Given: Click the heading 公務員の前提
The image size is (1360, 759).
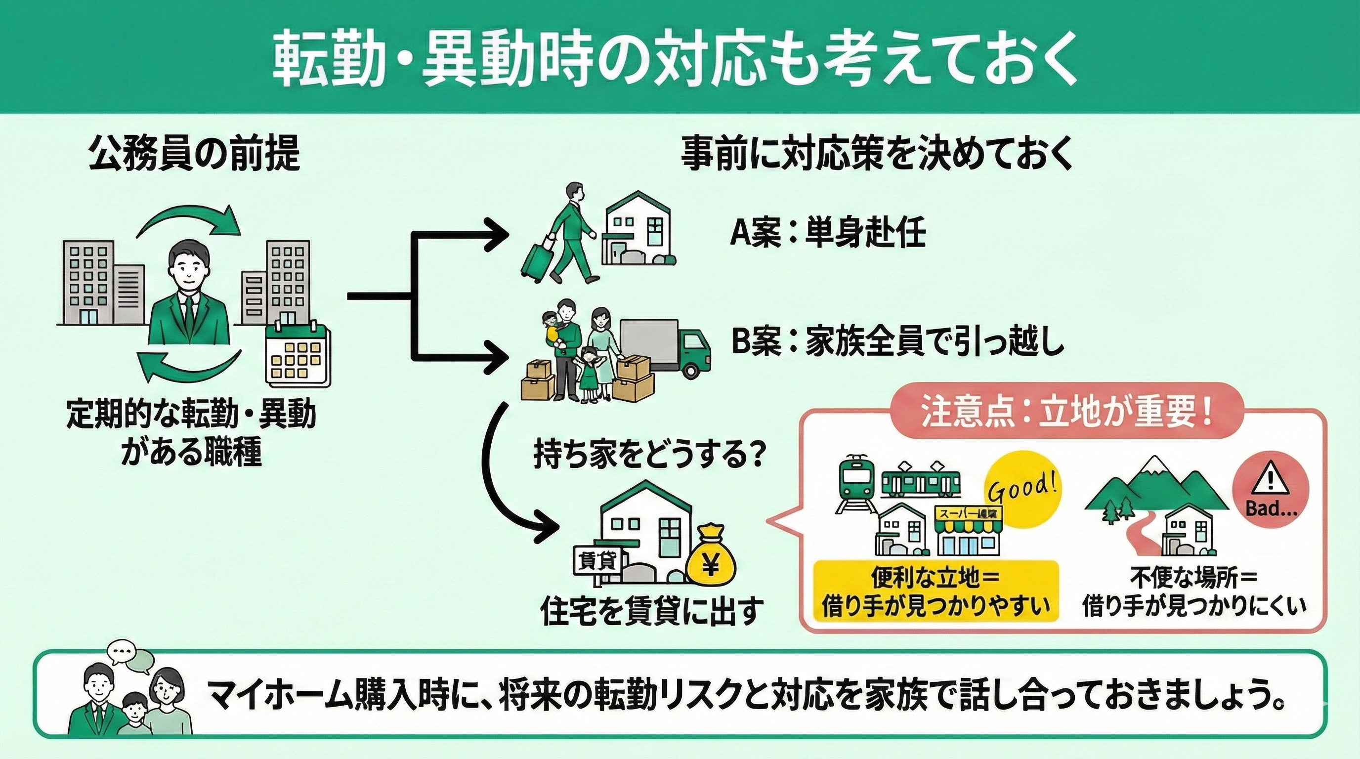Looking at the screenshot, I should (x=194, y=153).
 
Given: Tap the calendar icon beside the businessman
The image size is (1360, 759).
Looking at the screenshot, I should (x=297, y=355).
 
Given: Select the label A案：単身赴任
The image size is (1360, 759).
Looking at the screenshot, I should (x=827, y=233).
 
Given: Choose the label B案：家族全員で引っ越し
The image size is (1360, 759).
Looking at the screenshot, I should (x=897, y=343).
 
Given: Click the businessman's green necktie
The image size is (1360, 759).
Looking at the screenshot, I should (x=188, y=312).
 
